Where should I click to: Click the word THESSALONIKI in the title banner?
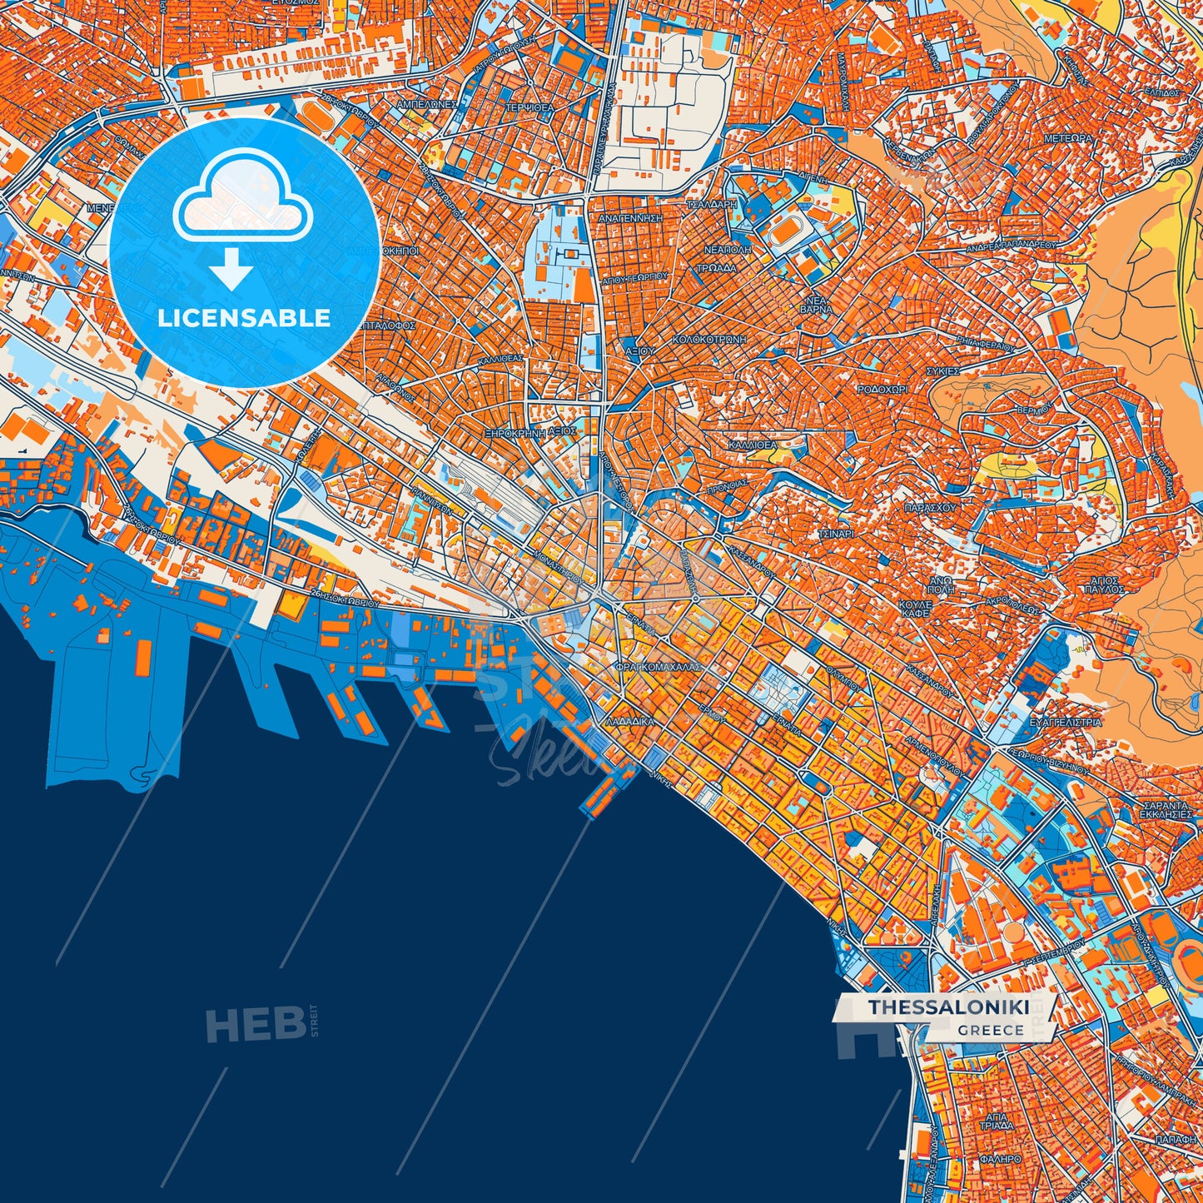(949, 1007)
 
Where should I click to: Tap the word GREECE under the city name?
(991, 1030)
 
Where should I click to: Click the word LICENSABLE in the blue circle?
(245, 318)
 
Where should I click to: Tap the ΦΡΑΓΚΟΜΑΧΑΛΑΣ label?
(658, 667)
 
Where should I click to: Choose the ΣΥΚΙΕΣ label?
(944, 370)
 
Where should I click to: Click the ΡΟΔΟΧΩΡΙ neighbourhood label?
(882, 389)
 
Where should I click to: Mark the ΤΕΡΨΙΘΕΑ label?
(529, 108)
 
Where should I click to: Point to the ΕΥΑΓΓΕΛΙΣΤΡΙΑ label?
(1066, 722)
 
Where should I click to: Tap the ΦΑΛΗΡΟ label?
(1000, 1158)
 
